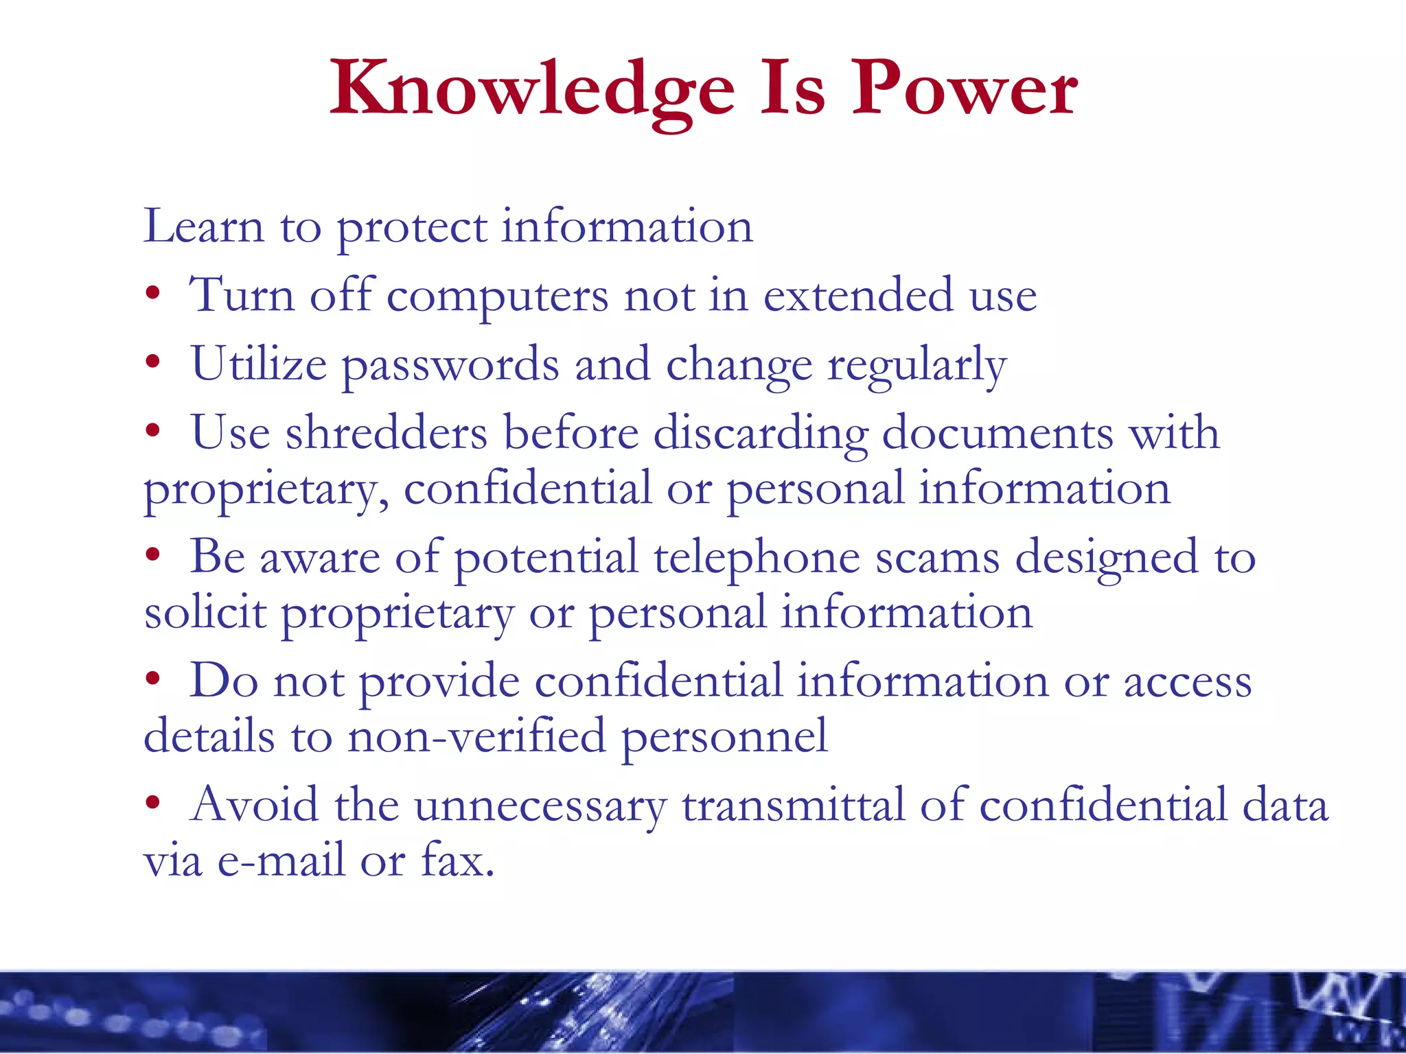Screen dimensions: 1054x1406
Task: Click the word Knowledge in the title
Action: coord(532,89)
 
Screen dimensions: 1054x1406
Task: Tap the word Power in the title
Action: coord(964,89)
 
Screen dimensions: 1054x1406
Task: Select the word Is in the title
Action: coord(792,89)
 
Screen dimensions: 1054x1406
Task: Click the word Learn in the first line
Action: coord(203,226)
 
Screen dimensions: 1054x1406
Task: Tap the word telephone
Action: coord(756,557)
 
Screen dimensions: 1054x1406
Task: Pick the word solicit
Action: coord(205,612)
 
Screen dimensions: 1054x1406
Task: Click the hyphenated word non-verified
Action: coord(476,736)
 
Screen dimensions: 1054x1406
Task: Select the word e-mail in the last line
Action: coord(281,860)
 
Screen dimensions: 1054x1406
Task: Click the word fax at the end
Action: coord(456,860)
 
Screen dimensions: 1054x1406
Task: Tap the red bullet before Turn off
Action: coord(152,294)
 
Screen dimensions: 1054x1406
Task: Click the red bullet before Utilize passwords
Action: coord(152,362)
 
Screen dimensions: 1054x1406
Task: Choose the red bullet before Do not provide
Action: coord(152,679)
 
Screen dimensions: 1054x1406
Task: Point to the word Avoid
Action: coord(254,804)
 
